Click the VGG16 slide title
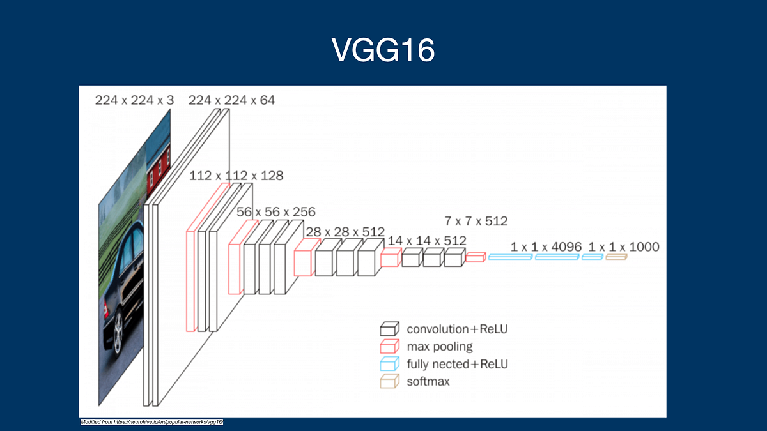(383, 50)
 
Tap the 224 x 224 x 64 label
(231, 100)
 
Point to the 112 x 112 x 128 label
(236, 176)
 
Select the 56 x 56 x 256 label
(276, 212)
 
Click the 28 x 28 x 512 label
(345, 231)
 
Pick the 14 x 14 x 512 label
(427, 241)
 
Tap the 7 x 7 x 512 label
(476, 222)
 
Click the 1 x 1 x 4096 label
(546, 246)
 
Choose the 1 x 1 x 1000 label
(624, 246)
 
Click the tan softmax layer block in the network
(616, 257)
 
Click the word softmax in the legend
(428, 382)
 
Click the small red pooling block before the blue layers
(476, 257)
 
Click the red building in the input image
(156, 172)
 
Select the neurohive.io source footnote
(151, 423)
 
